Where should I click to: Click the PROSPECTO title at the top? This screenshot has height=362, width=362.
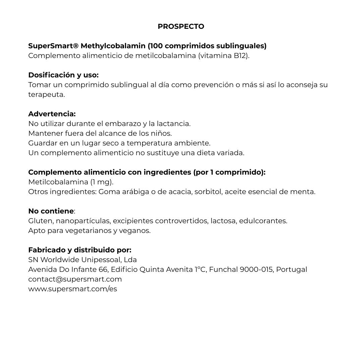coord(181,26)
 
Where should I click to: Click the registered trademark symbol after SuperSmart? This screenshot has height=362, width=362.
coord(76,46)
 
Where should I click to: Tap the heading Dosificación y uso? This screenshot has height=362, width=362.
coord(63,75)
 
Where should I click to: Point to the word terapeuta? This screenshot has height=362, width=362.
coord(46,95)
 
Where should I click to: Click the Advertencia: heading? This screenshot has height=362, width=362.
coord(52,114)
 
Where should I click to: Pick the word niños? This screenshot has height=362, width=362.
coord(162,133)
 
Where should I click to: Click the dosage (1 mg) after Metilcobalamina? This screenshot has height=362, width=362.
coord(102,182)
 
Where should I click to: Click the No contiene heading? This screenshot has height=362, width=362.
coord(51,211)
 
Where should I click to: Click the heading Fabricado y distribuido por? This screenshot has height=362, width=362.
coord(80,250)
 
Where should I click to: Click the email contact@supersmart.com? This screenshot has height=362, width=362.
coord(75,279)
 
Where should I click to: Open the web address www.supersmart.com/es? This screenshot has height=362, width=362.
coord(73,289)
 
